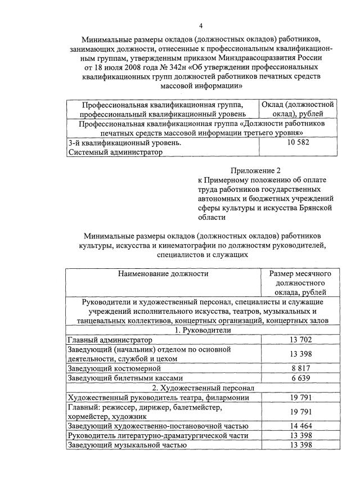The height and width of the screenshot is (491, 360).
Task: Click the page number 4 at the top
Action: [x=201, y=26]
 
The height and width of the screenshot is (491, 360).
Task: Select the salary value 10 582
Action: [x=298, y=142]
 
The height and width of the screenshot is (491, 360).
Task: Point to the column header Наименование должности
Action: [x=163, y=274]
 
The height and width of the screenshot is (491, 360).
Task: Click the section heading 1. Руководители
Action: [x=201, y=331]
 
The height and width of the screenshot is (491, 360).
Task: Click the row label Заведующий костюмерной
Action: [x=111, y=368]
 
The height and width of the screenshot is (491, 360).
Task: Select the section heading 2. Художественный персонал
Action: [x=201, y=388]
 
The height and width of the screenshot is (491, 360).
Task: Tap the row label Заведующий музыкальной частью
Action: [x=127, y=445]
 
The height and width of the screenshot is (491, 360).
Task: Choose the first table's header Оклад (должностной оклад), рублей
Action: [x=298, y=109]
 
